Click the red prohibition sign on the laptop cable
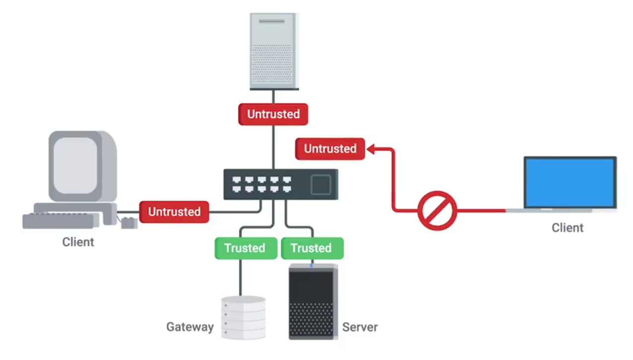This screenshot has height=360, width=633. (x=437, y=210)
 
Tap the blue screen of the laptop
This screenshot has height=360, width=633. (x=570, y=182)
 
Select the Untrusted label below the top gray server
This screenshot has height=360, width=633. (x=273, y=114)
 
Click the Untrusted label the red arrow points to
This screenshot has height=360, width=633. (x=330, y=149)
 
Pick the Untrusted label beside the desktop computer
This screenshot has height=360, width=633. (x=174, y=212)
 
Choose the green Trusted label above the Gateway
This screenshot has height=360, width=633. (x=245, y=248)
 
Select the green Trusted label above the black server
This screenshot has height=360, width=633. (x=312, y=248)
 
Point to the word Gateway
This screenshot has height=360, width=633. (x=190, y=327)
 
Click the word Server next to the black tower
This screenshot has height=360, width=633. (x=360, y=327)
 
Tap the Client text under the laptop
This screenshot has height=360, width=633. (x=568, y=228)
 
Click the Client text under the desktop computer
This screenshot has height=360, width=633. (x=78, y=242)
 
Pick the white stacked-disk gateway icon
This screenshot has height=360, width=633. (x=243, y=317)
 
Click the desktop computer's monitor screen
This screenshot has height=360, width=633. (x=75, y=165)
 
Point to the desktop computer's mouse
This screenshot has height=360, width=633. (x=129, y=223)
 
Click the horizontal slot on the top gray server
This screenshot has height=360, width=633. (x=272, y=21)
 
